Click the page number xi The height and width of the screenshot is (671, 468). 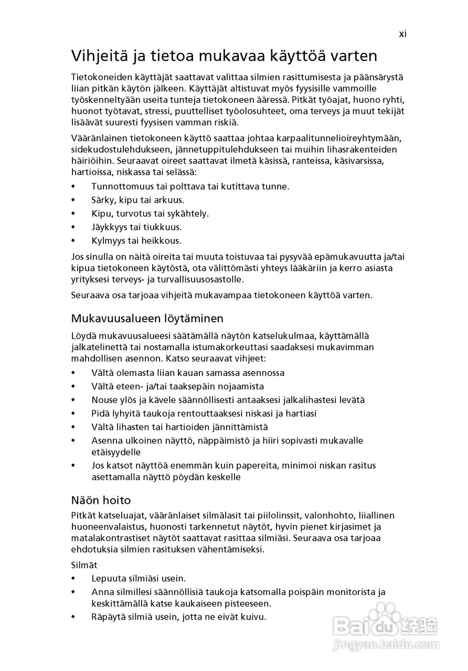pyautogui.click(x=402, y=34)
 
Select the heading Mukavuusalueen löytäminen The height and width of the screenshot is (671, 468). pyautogui.click(x=147, y=318)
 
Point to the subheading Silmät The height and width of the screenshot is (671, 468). pyautogui.click(x=84, y=565)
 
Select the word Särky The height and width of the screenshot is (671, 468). pyautogui.click(x=103, y=200)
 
